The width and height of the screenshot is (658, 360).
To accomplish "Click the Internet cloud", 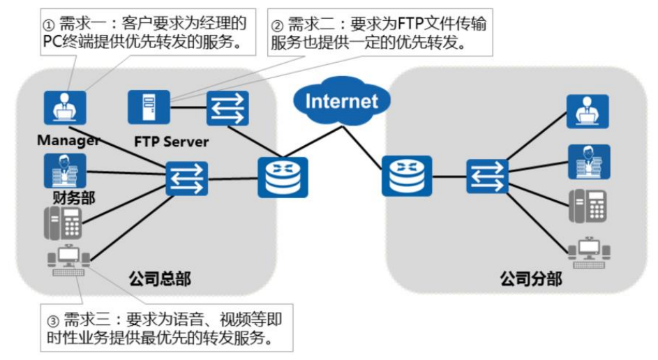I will click(x=341, y=102).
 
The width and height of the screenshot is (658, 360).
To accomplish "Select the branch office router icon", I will click(x=407, y=176).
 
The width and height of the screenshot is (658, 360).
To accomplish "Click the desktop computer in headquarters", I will click(x=68, y=261).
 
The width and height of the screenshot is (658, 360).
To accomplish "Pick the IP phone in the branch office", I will click(x=588, y=205).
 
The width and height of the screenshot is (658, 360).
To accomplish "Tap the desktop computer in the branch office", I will click(x=588, y=253).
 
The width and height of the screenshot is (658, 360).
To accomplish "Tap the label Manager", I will click(x=68, y=140).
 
